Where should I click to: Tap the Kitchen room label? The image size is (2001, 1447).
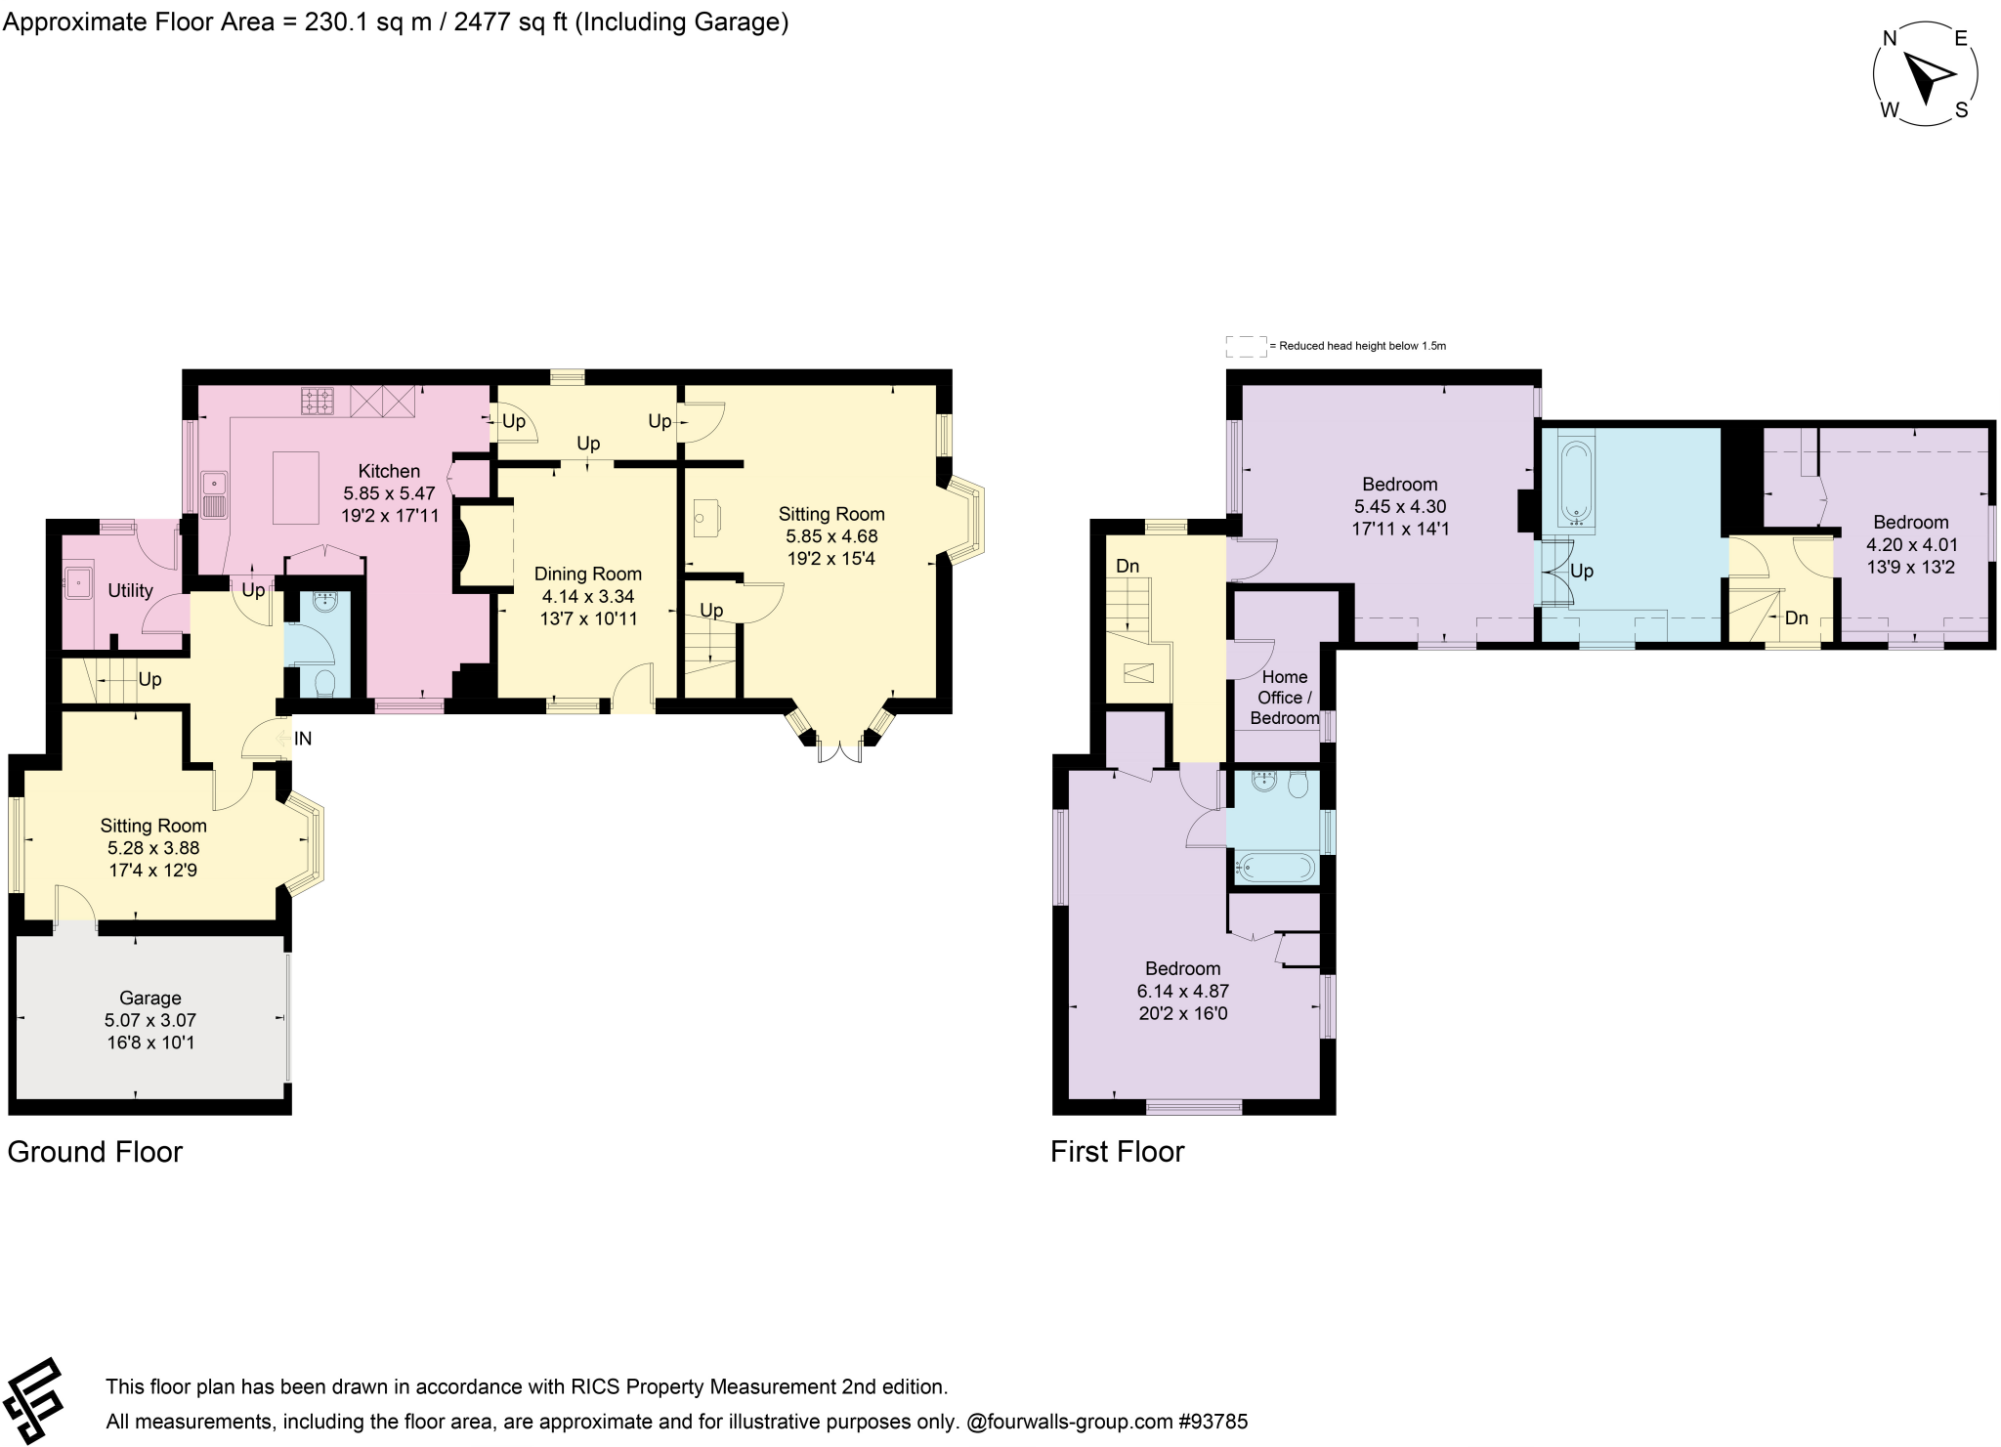pyautogui.click(x=389, y=471)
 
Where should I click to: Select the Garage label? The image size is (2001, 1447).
pyautogui.click(x=150, y=998)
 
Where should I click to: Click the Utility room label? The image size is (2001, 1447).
pyautogui.click(x=130, y=590)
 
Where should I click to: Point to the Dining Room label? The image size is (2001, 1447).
pyautogui.click(x=587, y=574)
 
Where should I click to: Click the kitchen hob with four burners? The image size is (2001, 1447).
pyautogui.click(x=317, y=401)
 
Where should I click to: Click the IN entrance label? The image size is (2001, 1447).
pyautogui.click(x=303, y=739)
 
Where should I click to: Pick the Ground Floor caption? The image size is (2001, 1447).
pyautogui.click(x=95, y=1152)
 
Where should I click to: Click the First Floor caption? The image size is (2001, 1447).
pyautogui.click(x=1117, y=1152)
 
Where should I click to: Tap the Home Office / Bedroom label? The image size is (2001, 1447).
pyautogui.click(x=1285, y=698)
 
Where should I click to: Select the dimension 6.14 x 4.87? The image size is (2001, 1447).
pyautogui.click(x=1182, y=991)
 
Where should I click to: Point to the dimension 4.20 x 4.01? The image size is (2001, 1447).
pyautogui.click(x=1910, y=544)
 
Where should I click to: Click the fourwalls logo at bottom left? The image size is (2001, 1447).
pyautogui.click(x=32, y=1400)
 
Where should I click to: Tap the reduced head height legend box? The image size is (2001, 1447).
pyautogui.click(x=1246, y=346)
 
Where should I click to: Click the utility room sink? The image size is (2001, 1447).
pyautogui.click(x=77, y=583)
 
